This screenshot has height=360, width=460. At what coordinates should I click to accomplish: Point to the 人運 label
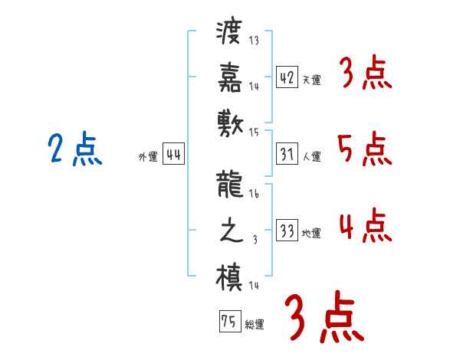pos(311,156)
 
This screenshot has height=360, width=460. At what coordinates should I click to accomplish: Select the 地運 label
pos(311,233)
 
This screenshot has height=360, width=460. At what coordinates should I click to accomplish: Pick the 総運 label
pos(255,323)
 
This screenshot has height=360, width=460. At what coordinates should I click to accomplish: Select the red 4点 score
pos(365,226)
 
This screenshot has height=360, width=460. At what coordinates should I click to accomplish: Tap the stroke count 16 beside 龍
pos(254,195)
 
